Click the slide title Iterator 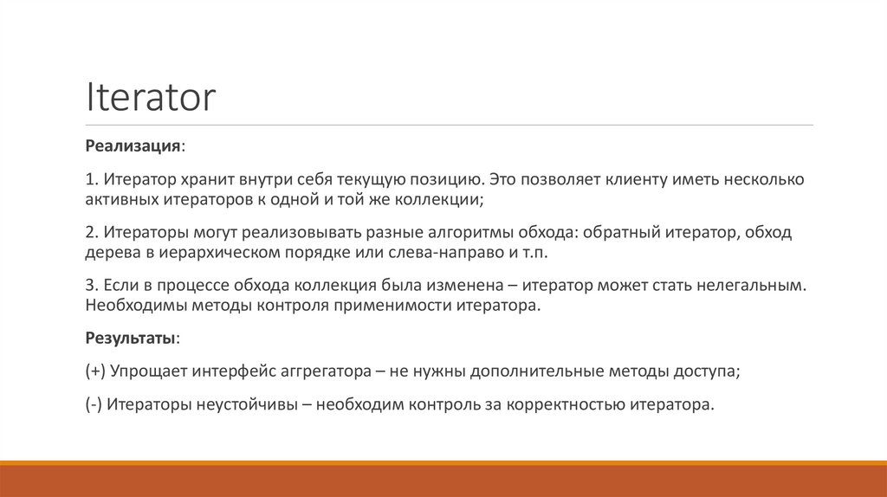(150, 98)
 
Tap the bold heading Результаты (133, 337)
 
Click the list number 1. (90, 180)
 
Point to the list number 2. (90, 234)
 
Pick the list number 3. (90, 286)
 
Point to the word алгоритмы (469, 234)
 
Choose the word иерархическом (218, 254)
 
